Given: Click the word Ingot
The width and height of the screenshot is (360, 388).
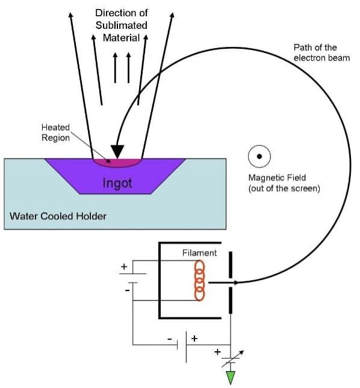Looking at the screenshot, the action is (x=117, y=183).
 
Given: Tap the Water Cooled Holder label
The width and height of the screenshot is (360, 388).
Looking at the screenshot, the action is (x=58, y=216).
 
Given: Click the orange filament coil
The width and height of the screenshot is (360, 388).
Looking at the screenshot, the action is (x=199, y=280).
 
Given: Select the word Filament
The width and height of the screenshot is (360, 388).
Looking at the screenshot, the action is (x=199, y=252).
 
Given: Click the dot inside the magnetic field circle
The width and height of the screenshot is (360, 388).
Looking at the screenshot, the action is (x=259, y=157).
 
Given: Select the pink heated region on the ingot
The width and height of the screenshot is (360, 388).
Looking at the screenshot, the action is (x=117, y=163).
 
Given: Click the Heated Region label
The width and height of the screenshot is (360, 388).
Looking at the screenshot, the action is (x=55, y=133).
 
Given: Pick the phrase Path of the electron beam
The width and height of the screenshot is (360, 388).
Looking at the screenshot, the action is (x=321, y=52).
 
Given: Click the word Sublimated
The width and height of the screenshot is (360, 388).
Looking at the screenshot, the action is (x=122, y=25).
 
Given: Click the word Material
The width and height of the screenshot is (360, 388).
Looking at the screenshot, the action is (x=122, y=38).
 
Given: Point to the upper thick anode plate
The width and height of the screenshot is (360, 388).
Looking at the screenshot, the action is (x=231, y=264).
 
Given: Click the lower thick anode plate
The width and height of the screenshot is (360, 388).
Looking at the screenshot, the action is (x=231, y=300).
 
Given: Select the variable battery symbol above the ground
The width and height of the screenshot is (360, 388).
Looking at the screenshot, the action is (x=231, y=359).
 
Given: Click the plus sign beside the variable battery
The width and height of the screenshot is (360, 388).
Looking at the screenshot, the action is (x=217, y=352).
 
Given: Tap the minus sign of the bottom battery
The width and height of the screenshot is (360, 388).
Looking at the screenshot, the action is (x=170, y=339).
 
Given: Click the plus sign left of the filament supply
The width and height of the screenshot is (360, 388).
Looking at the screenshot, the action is (x=124, y=266).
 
